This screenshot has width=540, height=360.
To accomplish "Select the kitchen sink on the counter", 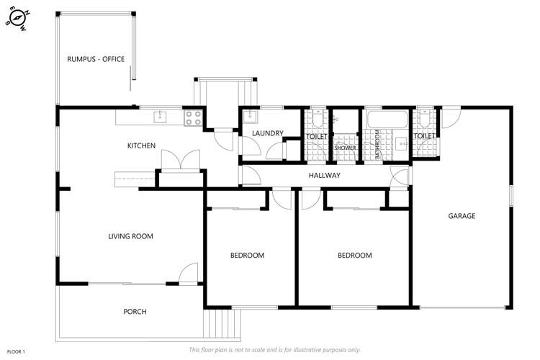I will click(x=159, y=116).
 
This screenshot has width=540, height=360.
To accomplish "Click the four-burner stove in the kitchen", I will click(x=193, y=117).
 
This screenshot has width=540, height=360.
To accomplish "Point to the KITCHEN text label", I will click(x=141, y=146).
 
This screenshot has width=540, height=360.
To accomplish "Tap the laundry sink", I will click(x=249, y=117).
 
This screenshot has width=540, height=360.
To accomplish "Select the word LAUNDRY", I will click(x=267, y=133).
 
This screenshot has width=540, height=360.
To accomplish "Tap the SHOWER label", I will click(x=344, y=148).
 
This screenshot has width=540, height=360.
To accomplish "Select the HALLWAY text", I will click(x=324, y=176).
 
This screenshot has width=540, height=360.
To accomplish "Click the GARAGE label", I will click(x=462, y=216).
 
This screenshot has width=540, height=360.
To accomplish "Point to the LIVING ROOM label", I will click(x=130, y=236).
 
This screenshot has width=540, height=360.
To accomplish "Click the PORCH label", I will click(x=135, y=312).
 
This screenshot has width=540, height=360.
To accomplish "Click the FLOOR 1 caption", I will click(x=15, y=351).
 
